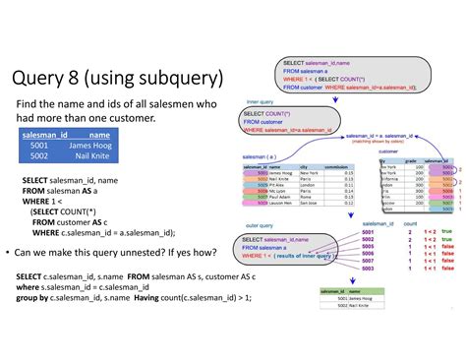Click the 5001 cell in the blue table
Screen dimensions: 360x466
point(39,145)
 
